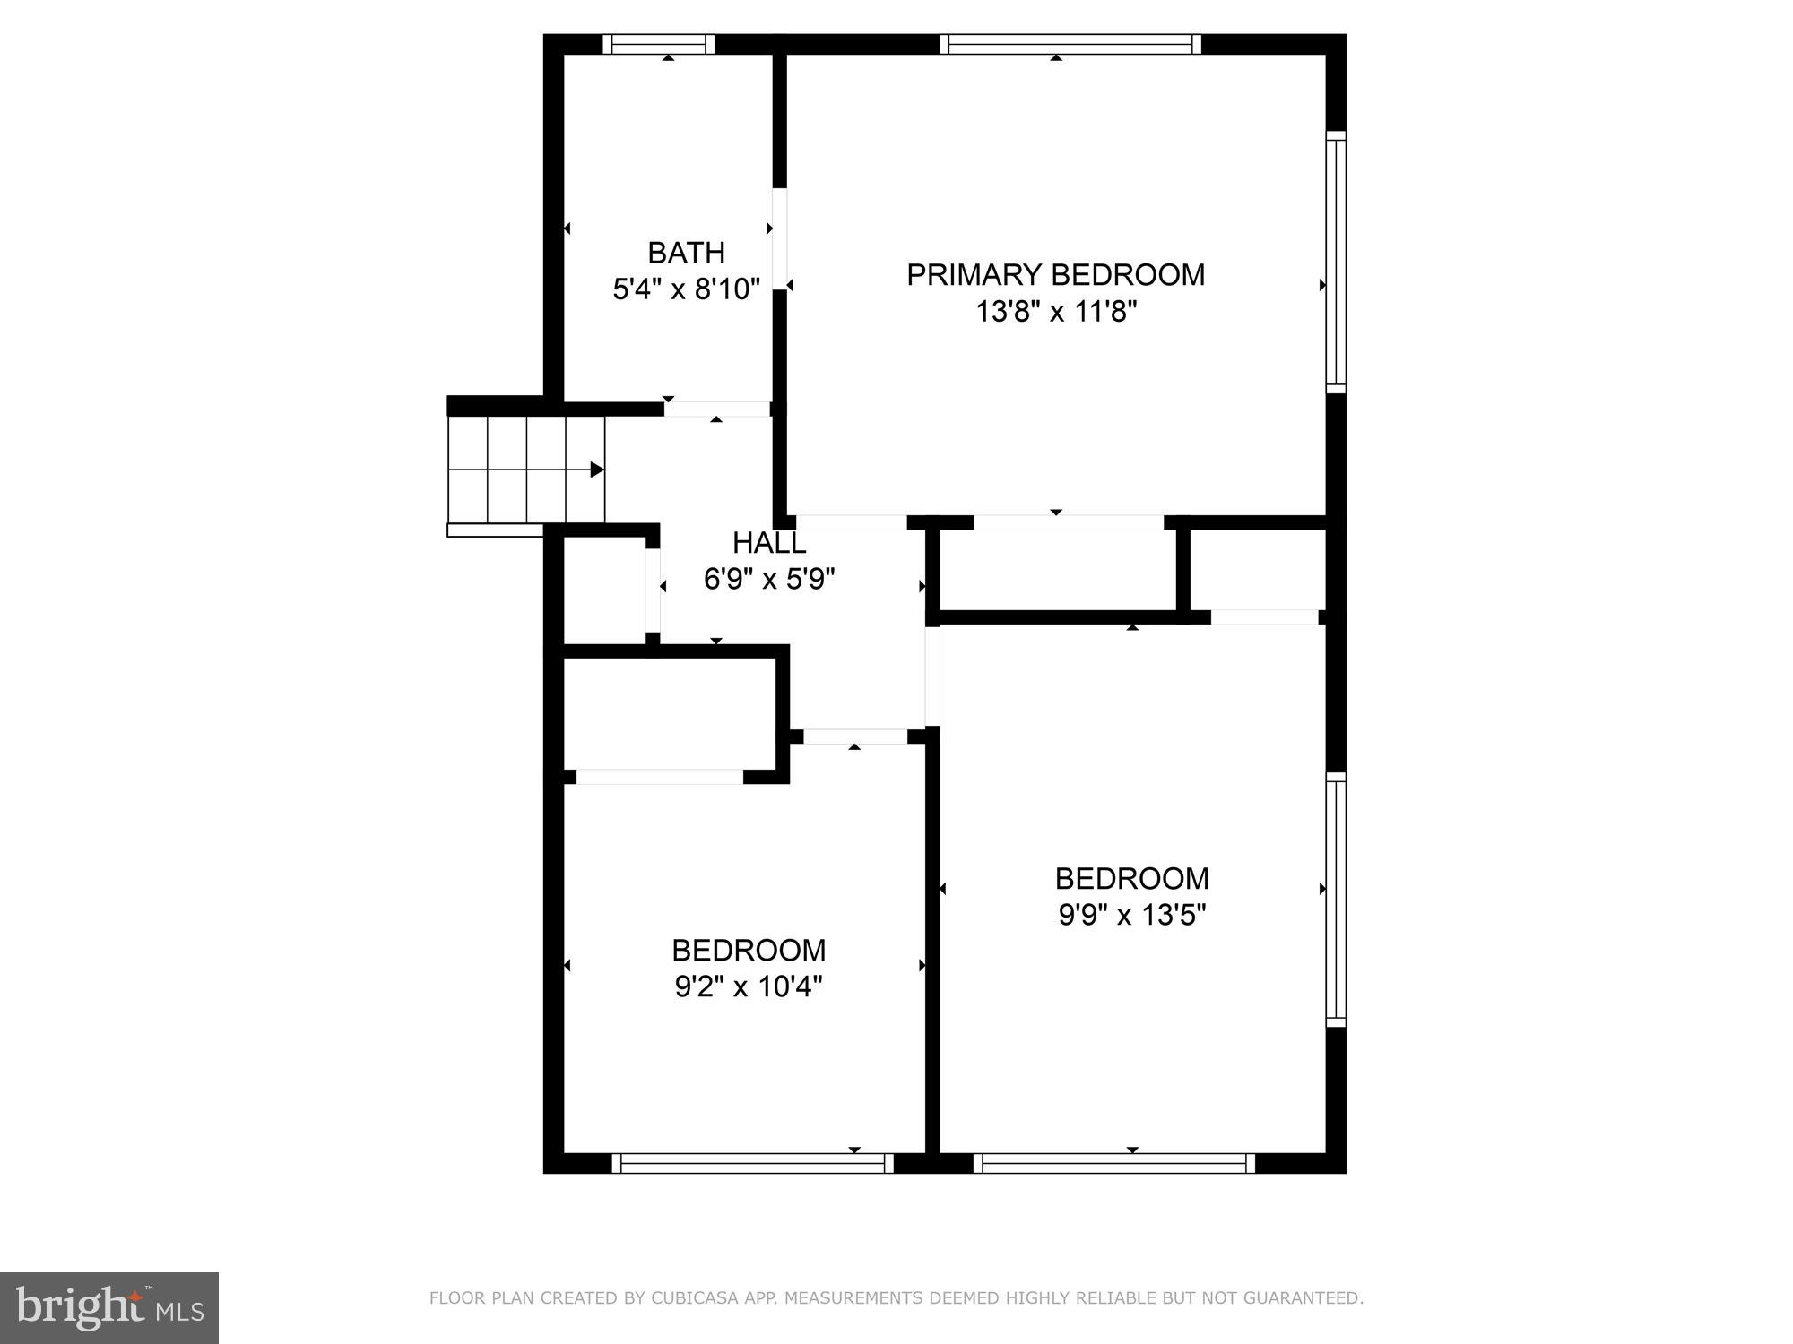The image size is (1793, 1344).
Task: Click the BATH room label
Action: [x=686, y=253]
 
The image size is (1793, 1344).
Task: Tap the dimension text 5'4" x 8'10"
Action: [x=686, y=289]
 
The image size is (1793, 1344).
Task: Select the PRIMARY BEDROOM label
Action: [x=1055, y=274]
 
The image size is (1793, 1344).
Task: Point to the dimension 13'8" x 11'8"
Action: [x=1055, y=312]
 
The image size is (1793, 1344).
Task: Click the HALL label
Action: [x=768, y=543]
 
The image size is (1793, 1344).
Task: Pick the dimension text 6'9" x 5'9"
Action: [x=768, y=580]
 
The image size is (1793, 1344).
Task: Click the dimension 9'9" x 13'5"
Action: [x=1131, y=915]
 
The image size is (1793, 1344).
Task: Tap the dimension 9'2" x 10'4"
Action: [x=748, y=986]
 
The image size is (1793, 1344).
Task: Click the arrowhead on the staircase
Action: [x=597, y=470]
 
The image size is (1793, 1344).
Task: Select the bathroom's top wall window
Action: [x=658, y=44]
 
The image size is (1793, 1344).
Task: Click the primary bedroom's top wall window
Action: [x=1070, y=44]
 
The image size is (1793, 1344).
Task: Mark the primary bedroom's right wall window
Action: [x=1336, y=262]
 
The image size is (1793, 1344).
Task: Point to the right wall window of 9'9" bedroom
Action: [x=1336, y=900]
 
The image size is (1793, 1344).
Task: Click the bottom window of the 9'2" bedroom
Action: [x=753, y=1163]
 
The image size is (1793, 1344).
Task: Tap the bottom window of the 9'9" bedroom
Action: [x=1113, y=1163]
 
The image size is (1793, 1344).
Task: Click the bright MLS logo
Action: [x=108, y=1307]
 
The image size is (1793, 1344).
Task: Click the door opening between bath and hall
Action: [x=717, y=409]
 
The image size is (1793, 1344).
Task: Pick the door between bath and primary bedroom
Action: [x=779, y=238]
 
